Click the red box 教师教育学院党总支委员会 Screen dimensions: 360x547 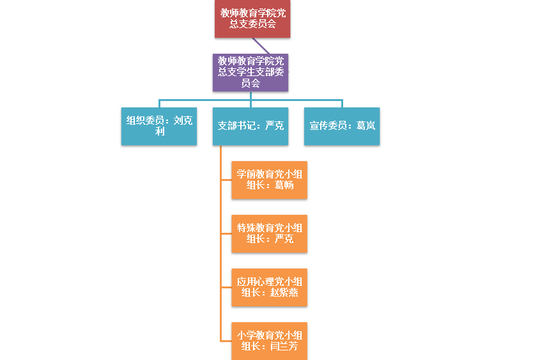point(252,19)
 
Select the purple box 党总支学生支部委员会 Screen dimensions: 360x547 point(250,72)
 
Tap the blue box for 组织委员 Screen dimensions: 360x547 point(159,126)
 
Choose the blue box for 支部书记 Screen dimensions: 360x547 point(250,126)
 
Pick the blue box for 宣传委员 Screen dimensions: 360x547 point(342,126)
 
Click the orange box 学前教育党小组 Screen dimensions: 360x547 point(269,180)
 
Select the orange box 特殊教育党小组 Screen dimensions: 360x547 point(269,233)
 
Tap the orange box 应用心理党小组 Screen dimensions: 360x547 point(269,287)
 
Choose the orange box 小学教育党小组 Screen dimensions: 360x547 point(269,341)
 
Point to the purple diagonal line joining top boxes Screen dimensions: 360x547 point(261,45)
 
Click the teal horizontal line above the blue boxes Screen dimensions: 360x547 point(204,100)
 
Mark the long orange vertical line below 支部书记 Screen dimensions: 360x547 point(220,256)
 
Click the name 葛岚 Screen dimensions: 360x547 point(366,126)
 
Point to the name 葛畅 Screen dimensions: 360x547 point(284,186)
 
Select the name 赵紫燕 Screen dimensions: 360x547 point(284,293)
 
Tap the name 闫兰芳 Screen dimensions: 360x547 point(284,347)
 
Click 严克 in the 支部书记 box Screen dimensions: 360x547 point(275,126)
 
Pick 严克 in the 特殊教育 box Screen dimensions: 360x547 point(284,240)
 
